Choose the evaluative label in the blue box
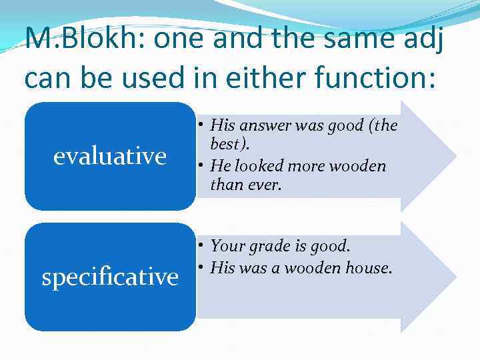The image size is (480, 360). pyautogui.click(x=110, y=156)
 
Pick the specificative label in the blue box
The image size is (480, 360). pyautogui.click(x=110, y=276)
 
